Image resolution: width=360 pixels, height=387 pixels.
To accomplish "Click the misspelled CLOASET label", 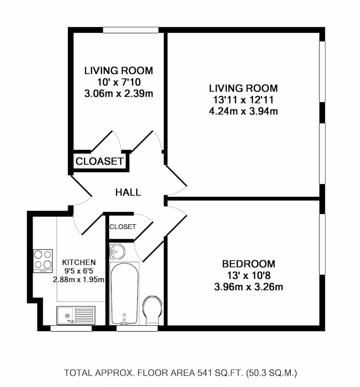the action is pyautogui.click(x=99, y=161).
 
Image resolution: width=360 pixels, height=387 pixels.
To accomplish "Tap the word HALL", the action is pyautogui.click(x=128, y=192).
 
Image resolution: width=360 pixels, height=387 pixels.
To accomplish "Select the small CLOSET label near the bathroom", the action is pyautogui.click(x=122, y=227).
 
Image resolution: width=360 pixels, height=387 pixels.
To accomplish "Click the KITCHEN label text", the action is pyautogui.click(x=79, y=262).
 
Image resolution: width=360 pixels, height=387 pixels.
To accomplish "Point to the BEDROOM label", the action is pyautogui.click(x=248, y=264).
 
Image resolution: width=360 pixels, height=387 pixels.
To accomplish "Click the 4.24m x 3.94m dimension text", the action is pyautogui.click(x=243, y=111).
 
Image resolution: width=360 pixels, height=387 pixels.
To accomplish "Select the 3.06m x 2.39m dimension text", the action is pyautogui.click(x=119, y=94).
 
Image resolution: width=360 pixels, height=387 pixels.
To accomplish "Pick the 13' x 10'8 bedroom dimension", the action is pyautogui.click(x=248, y=275).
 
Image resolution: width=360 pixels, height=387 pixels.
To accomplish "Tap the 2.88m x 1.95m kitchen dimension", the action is pyautogui.click(x=79, y=280).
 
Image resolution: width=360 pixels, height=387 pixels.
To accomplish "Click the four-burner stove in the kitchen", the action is pyautogui.click(x=43, y=261).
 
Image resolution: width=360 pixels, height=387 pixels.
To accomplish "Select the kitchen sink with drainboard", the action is pyautogui.click(x=76, y=316).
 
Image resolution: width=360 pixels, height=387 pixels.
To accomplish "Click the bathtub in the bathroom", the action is pyautogui.click(x=124, y=294).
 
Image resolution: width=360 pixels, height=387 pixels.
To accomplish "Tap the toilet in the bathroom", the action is pyautogui.click(x=152, y=310).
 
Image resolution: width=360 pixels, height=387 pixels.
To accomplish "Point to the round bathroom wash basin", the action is pyautogui.click(x=117, y=252).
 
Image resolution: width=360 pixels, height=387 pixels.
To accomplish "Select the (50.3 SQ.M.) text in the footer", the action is pyautogui.click(x=271, y=373).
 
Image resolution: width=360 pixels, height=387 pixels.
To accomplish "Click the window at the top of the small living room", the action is pyautogui.click(x=130, y=30).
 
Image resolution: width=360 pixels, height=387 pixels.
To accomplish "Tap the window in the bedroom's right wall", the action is pyautogui.click(x=322, y=244).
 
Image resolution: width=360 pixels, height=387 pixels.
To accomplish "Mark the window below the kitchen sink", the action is pyautogui.click(x=71, y=328).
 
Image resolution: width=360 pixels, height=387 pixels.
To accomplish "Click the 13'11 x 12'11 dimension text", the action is pyautogui.click(x=243, y=100).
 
